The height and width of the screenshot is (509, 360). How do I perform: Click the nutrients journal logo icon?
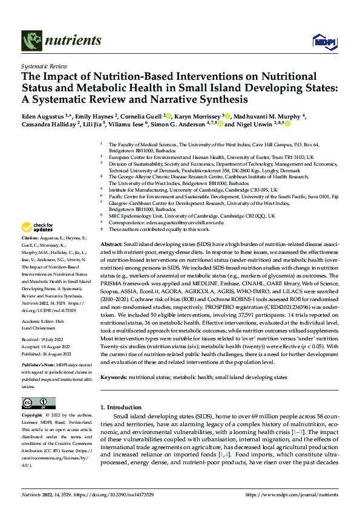tap(29, 41)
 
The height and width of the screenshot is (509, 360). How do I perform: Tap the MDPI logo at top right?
tap(321, 41)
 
